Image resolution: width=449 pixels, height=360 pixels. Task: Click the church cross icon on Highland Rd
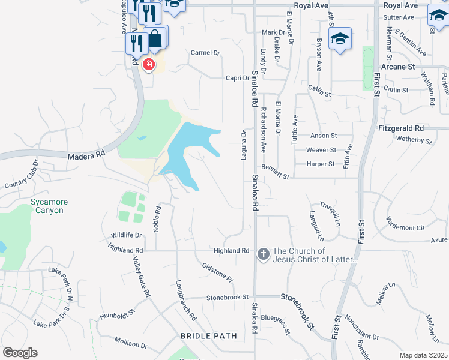[263, 254]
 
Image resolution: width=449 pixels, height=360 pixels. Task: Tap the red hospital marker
[148, 65]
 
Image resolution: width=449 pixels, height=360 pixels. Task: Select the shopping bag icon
[155, 39]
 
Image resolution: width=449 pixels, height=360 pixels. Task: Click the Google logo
[20, 353]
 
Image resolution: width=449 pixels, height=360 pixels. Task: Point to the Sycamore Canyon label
[47, 206]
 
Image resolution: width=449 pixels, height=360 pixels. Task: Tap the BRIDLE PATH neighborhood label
[209, 336]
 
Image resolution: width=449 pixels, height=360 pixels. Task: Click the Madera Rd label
[87, 154]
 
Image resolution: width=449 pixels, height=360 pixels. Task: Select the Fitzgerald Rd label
[401, 128]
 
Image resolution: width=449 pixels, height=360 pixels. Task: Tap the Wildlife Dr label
[125, 235]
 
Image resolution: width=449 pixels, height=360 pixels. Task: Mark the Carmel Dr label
[205, 53]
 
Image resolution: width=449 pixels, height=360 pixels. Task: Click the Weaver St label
[321, 150]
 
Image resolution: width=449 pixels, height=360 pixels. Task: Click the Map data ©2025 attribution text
[423, 355]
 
